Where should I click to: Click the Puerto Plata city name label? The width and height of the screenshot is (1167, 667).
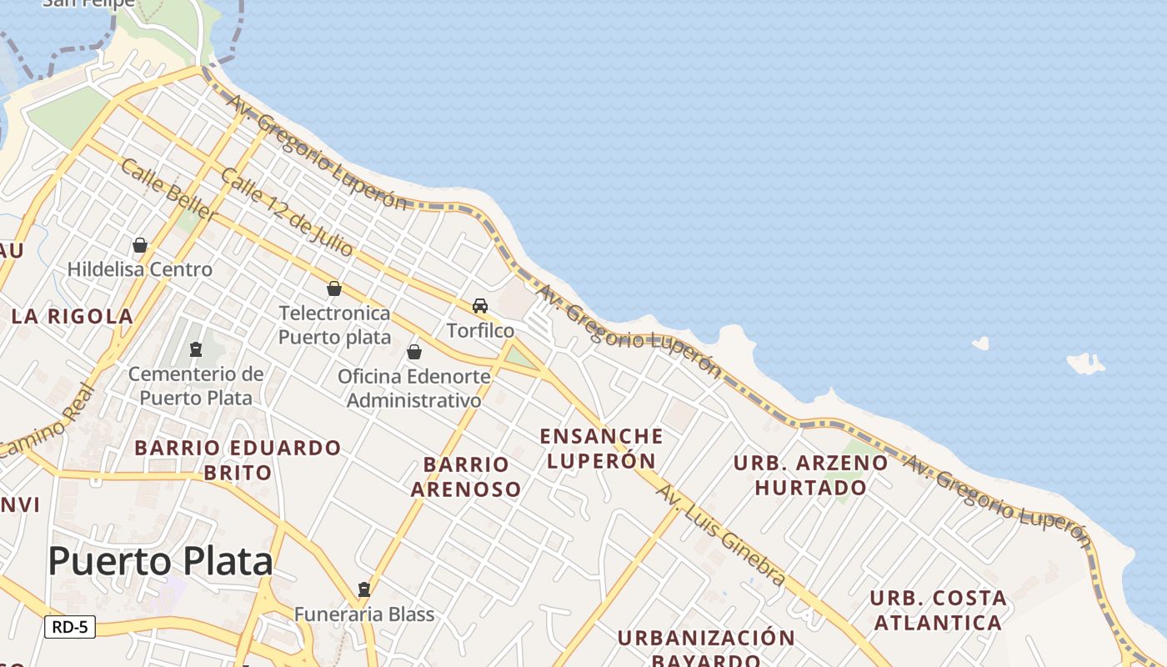[x=160, y=561]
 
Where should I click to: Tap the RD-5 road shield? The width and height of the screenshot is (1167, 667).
[x=70, y=627]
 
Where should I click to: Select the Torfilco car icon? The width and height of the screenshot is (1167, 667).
[x=480, y=306]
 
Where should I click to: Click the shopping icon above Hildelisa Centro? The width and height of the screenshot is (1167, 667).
[x=140, y=245]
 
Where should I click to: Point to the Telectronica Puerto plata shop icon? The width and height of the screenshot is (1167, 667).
[x=334, y=288]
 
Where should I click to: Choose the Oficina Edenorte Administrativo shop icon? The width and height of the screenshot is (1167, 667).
[x=414, y=352]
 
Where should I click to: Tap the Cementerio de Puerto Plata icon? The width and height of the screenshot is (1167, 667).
[x=196, y=349]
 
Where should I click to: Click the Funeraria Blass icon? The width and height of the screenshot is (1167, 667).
[x=363, y=589]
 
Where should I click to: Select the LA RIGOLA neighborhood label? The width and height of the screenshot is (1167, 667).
[x=72, y=316]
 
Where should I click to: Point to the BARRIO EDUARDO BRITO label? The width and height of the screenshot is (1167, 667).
[x=238, y=459]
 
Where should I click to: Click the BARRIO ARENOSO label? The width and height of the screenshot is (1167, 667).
[x=466, y=476]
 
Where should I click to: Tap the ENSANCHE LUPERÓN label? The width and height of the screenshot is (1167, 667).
[x=601, y=448]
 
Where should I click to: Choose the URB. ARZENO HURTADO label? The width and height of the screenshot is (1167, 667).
[x=810, y=474]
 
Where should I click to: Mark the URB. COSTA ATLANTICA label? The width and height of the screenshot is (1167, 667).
[x=938, y=610]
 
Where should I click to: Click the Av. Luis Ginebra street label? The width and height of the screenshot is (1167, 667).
[x=721, y=534]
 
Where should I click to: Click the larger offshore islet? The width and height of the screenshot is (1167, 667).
[x=1085, y=363]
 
